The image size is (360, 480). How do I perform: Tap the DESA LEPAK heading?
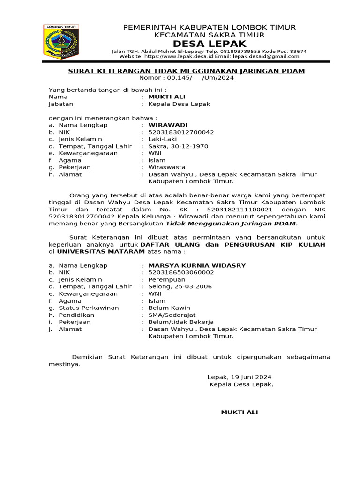210,44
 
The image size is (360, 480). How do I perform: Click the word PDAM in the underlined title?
294,71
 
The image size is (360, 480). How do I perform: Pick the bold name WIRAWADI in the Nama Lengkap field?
168,125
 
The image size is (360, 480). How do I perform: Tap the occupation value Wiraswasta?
167,167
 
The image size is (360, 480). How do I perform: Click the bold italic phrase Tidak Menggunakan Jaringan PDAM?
232,224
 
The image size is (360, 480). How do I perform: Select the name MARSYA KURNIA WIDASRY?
197,265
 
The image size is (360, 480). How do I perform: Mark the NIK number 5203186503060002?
181,272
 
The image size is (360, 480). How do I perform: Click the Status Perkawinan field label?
89,308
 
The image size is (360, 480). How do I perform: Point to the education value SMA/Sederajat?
172,315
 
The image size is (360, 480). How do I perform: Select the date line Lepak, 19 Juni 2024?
239,377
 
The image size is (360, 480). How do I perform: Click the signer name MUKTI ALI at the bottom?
239,412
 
